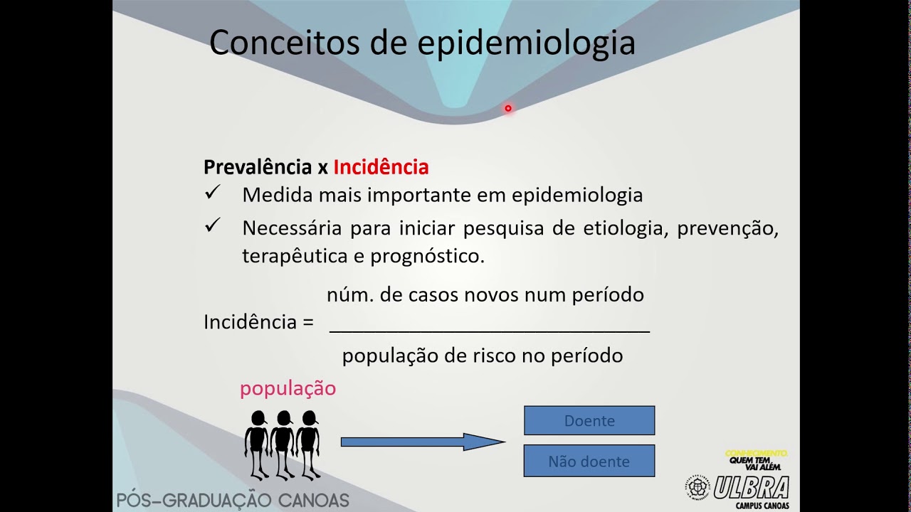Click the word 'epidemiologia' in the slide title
pyautogui.click(x=526, y=43)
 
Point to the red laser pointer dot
pyautogui.click(x=508, y=108)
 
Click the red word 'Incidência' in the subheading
pyautogui.click(x=381, y=167)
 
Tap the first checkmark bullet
pyautogui.click(x=212, y=193)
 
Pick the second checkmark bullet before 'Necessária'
pyautogui.click(x=212, y=226)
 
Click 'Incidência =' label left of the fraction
pyautogui.click(x=258, y=322)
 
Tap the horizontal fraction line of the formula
pyautogui.click(x=490, y=331)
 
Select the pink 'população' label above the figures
pyautogui.click(x=288, y=389)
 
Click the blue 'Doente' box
pyautogui.click(x=589, y=420)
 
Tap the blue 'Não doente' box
pyautogui.click(x=589, y=461)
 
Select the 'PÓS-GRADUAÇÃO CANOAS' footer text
pyautogui.click(x=233, y=501)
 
